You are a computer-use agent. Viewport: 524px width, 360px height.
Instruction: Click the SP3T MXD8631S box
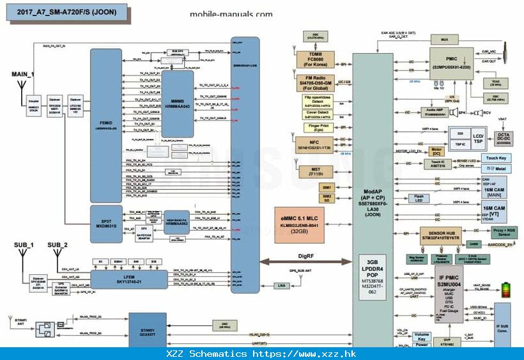pyautogui.click(x=105, y=221)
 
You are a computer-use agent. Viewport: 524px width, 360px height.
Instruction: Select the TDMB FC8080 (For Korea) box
pyautogui.click(x=315, y=59)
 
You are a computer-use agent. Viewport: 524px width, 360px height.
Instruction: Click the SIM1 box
pyautogui.click(x=327, y=187)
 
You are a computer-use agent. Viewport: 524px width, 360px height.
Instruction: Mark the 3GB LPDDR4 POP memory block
pyautogui.click(x=373, y=276)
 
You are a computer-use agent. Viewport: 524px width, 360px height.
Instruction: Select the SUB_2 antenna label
pyautogui.click(x=58, y=245)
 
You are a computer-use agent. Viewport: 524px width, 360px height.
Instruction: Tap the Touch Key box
pyautogui.click(x=496, y=157)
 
